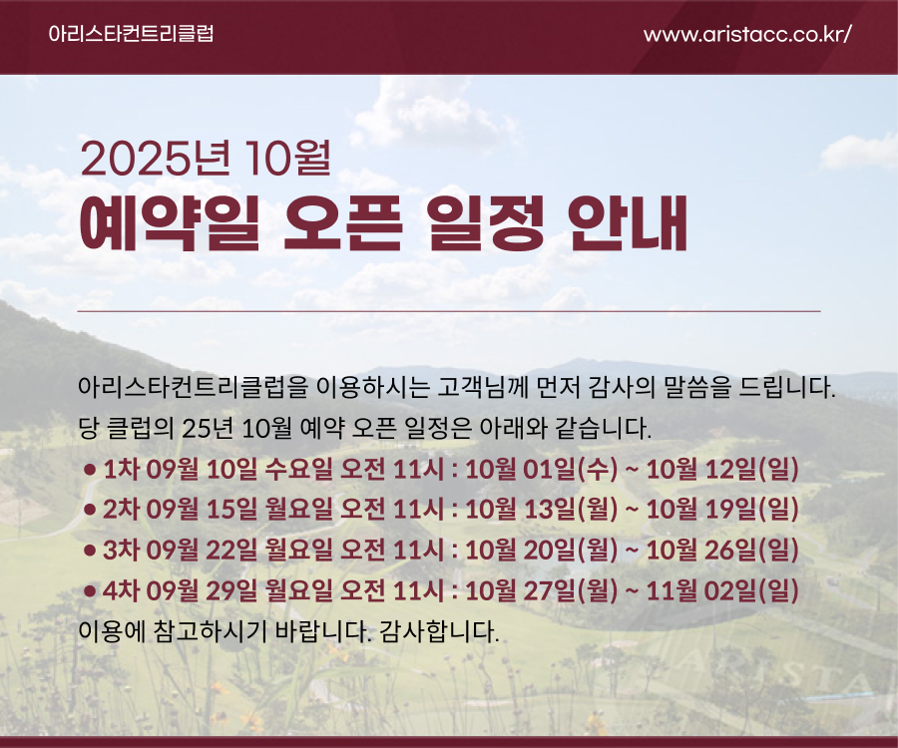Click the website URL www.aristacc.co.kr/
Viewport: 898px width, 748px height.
[x=747, y=34]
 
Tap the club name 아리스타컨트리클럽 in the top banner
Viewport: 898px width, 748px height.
[x=132, y=33]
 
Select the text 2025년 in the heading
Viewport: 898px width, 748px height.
[x=156, y=158]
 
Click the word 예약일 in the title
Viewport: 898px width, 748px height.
[x=170, y=223]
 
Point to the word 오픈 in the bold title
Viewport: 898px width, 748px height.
[x=342, y=223]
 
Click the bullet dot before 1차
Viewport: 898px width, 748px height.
[x=89, y=470]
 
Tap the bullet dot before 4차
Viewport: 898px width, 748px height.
[x=89, y=591]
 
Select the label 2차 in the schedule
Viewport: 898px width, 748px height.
[x=121, y=510]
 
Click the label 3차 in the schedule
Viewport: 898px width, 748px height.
[x=121, y=550]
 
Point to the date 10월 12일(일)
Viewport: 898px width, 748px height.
[x=722, y=470]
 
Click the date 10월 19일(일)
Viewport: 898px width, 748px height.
[x=722, y=510]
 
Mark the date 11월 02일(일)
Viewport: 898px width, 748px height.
[x=722, y=590]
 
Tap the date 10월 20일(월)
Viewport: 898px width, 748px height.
[x=542, y=550]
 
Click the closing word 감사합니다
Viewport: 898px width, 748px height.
[x=439, y=631]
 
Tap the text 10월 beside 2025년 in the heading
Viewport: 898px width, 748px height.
[x=285, y=158]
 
